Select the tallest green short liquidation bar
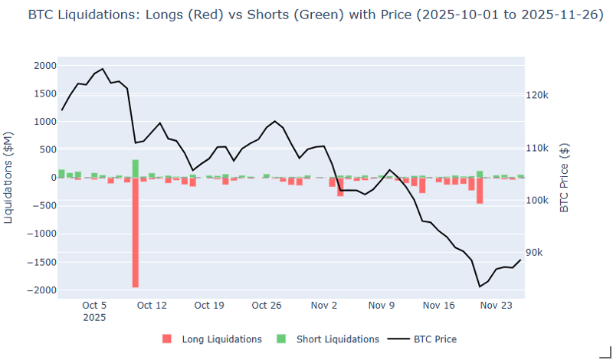[x=136, y=169]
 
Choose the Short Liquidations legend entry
[x=327, y=339]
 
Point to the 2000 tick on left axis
[x=44, y=66]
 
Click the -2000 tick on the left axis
[x=42, y=290]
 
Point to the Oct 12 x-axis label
[x=152, y=305]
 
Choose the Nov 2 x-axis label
[x=324, y=305]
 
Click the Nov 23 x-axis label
[x=497, y=305]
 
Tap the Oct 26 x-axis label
[x=267, y=305]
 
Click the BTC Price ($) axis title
[x=565, y=178]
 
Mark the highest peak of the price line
[x=103, y=69]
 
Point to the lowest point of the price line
[x=480, y=286]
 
